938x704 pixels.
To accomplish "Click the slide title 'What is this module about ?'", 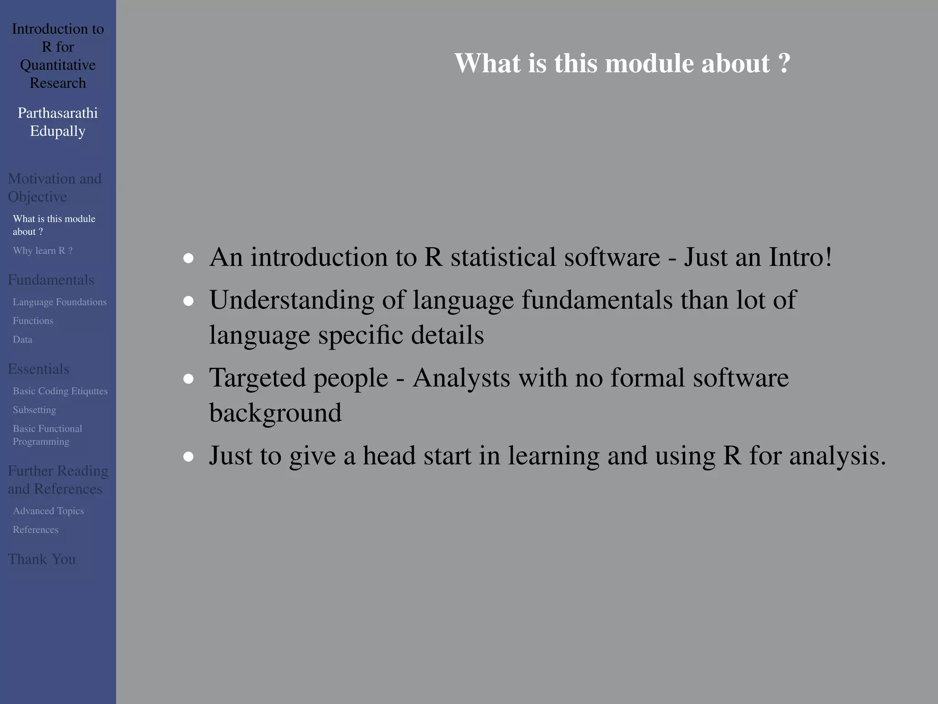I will tap(622, 63).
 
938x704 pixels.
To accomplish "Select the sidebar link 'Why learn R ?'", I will tap(43, 251).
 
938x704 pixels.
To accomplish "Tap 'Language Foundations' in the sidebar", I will tap(60, 302).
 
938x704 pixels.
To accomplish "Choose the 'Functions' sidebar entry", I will tap(33, 321).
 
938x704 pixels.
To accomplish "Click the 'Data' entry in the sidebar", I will tap(22, 340).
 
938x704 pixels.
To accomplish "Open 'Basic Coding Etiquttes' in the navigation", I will tap(60, 391).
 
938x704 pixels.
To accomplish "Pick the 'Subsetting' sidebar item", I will tap(34, 410).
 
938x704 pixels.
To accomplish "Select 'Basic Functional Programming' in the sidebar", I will tap(47, 435).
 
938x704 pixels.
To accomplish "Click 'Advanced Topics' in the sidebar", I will tap(48, 511).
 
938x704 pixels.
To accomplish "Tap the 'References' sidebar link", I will tap(36, 530).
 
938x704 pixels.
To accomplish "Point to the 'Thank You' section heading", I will tap(42, 559).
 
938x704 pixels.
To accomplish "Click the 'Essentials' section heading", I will tap(38, 369).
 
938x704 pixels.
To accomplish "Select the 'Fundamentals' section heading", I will tap(51, 280).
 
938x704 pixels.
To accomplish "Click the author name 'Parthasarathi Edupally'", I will tap(58, 122).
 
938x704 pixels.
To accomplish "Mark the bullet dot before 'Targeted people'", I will tap(188, 379).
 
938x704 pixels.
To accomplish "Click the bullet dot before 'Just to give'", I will tap(188, 457).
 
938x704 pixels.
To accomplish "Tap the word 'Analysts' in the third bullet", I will tap(461, 378).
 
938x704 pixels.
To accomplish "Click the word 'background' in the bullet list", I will tap(275, 413).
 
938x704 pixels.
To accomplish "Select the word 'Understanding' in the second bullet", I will tap(292, 301).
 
